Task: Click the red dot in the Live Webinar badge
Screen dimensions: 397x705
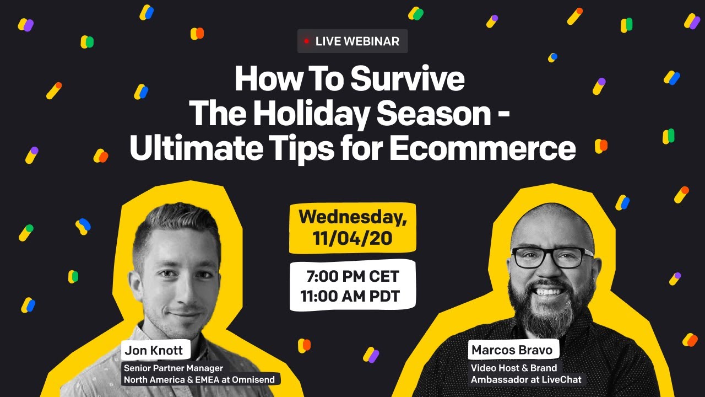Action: pos(307,41)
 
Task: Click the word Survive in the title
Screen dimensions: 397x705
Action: pos(408,80)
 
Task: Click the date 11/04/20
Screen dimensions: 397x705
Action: pos(352,239)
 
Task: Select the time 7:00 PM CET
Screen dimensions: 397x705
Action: pos(352,276)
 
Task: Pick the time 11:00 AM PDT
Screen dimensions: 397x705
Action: pos(350,297)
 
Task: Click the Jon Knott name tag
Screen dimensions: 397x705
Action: pos(155,350)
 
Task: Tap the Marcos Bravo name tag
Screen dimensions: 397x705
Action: pos(512,350)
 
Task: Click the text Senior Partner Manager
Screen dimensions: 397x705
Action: pos(173,368)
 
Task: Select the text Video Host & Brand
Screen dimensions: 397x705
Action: pos(513,368)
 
